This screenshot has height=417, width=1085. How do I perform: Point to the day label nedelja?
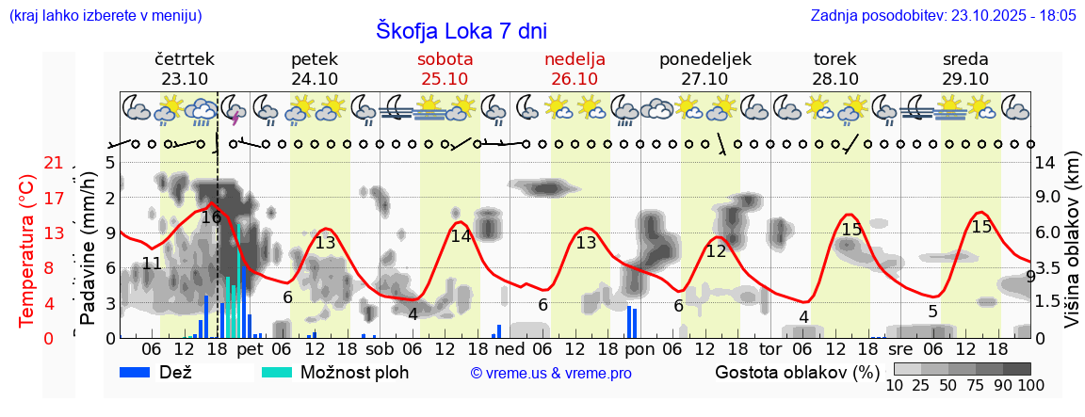click(x=575, y=59)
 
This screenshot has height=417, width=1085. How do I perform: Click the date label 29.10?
click(x=965, y=79)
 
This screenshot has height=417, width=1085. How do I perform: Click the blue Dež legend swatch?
click(x=141, y=372)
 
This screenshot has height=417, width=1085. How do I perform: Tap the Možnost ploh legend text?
click(x=354, y=372)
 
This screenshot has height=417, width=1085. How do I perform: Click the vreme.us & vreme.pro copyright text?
click(x=551, y=373)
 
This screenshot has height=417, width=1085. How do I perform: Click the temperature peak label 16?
click(x=211, y=217)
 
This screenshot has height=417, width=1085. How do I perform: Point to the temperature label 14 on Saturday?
click(x=461, y=236)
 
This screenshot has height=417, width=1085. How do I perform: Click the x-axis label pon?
click(x=640, y=349)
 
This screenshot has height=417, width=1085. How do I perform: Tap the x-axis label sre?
click(x=901, y=349)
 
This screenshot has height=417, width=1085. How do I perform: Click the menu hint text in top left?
click(x=105, y=16)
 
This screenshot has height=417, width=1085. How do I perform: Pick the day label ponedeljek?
click(x=704, y=59)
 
